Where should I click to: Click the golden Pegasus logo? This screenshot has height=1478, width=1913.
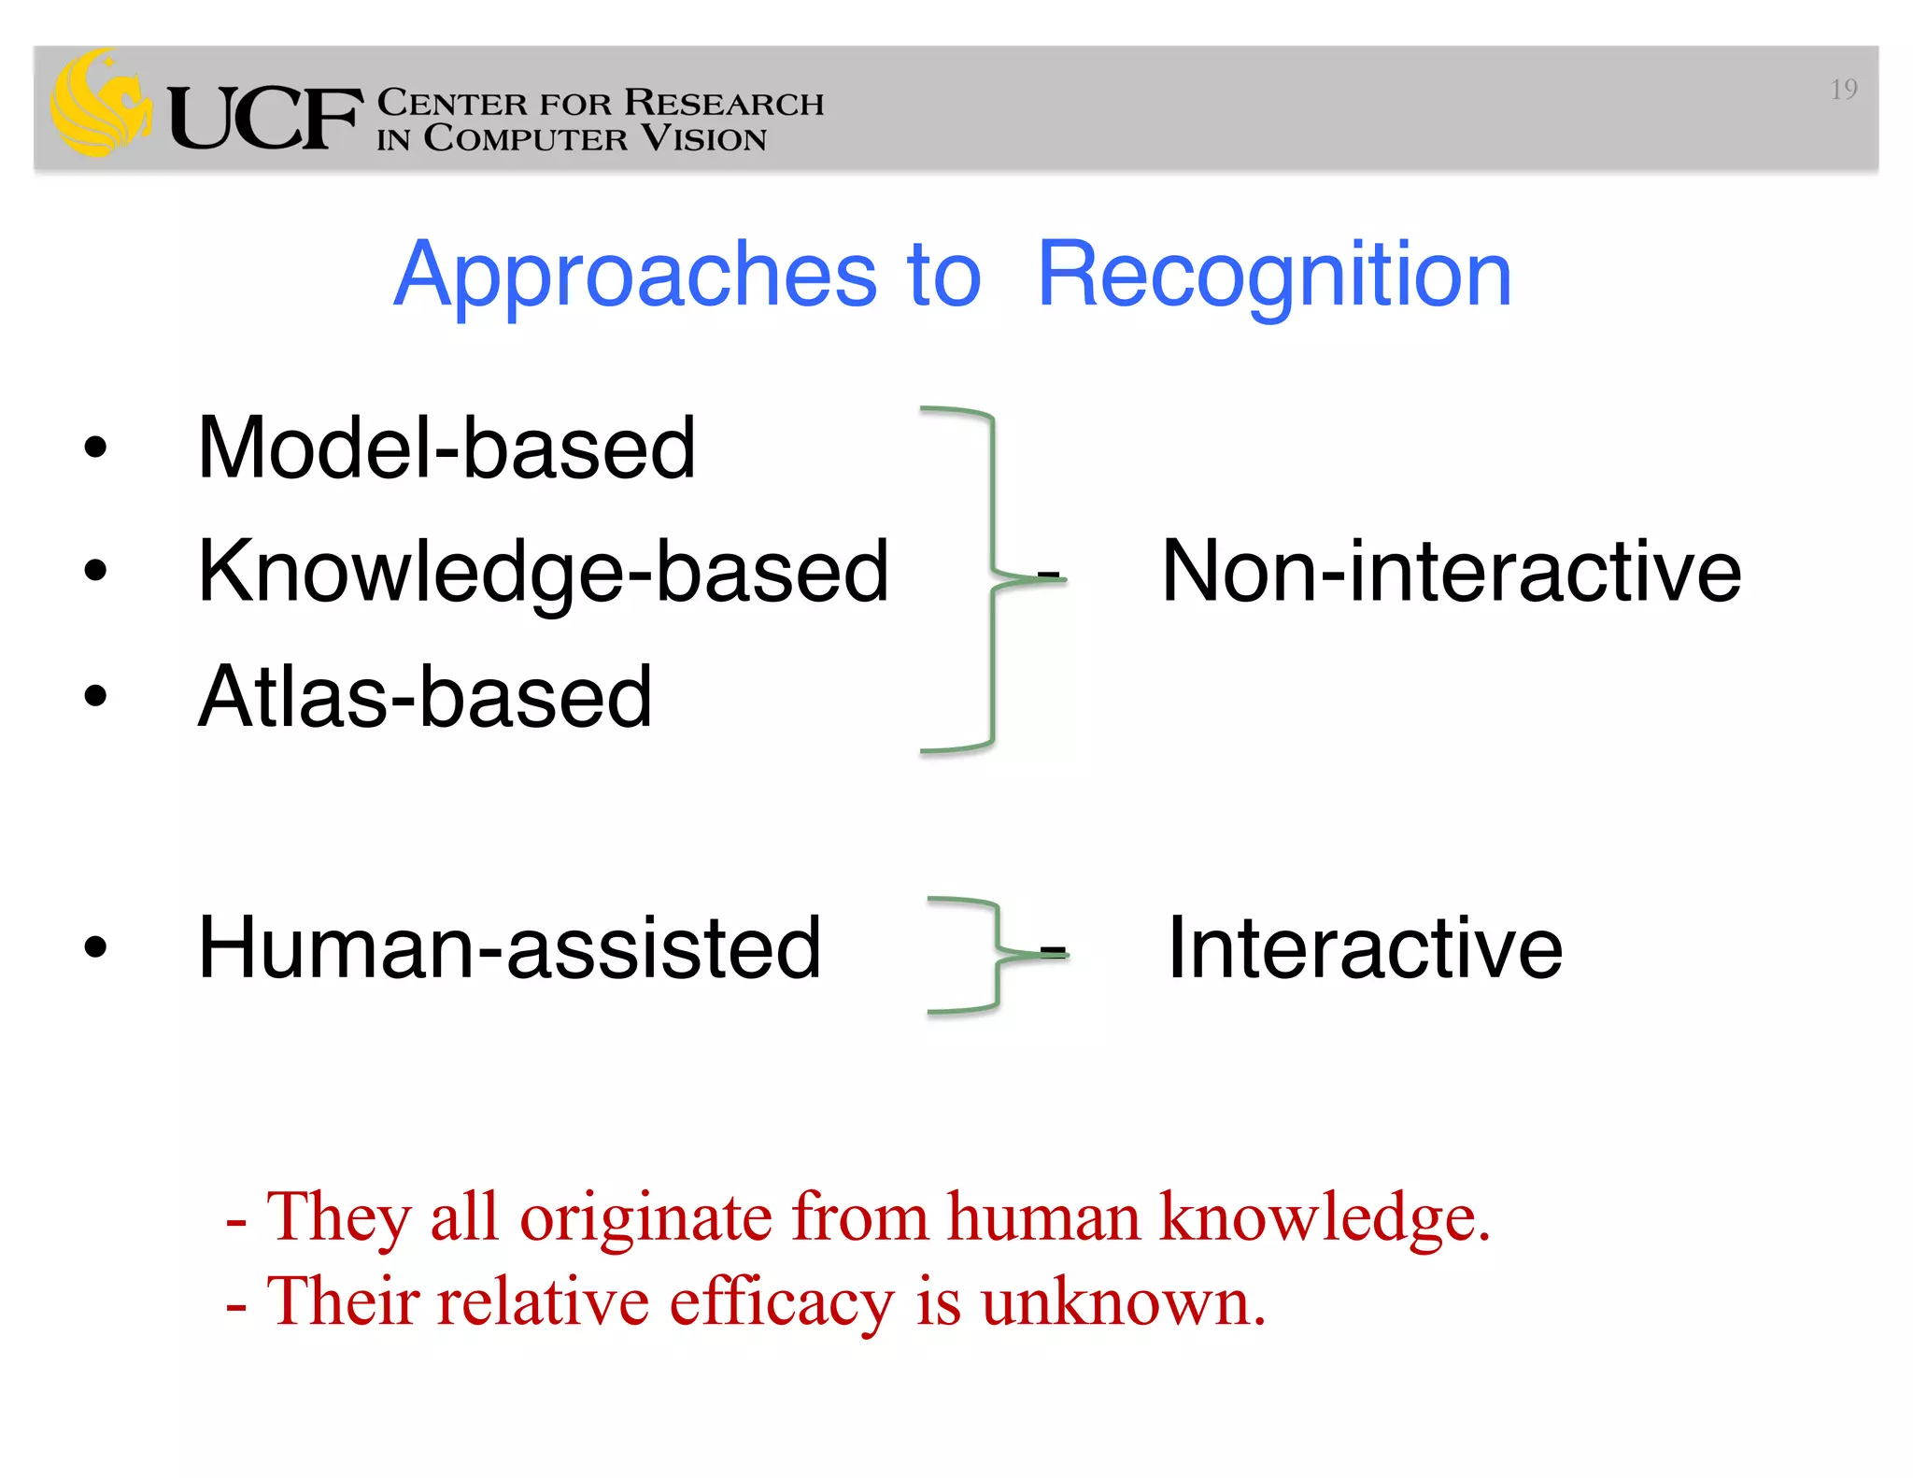coord(101,105)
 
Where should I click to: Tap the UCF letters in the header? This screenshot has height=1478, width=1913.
coord(264,119)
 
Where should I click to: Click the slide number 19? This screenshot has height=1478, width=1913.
coord(1843,90)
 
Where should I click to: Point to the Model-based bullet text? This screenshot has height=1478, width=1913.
coord(446,448)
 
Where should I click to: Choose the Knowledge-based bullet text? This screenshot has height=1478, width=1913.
coord(543,572)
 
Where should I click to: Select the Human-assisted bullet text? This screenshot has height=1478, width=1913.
coord(509,947)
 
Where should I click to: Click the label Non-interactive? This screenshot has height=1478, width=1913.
coord(1451,572)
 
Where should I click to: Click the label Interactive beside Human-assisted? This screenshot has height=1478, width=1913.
coord(1365,948)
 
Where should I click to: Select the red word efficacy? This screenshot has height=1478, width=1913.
coord(782,1302)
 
